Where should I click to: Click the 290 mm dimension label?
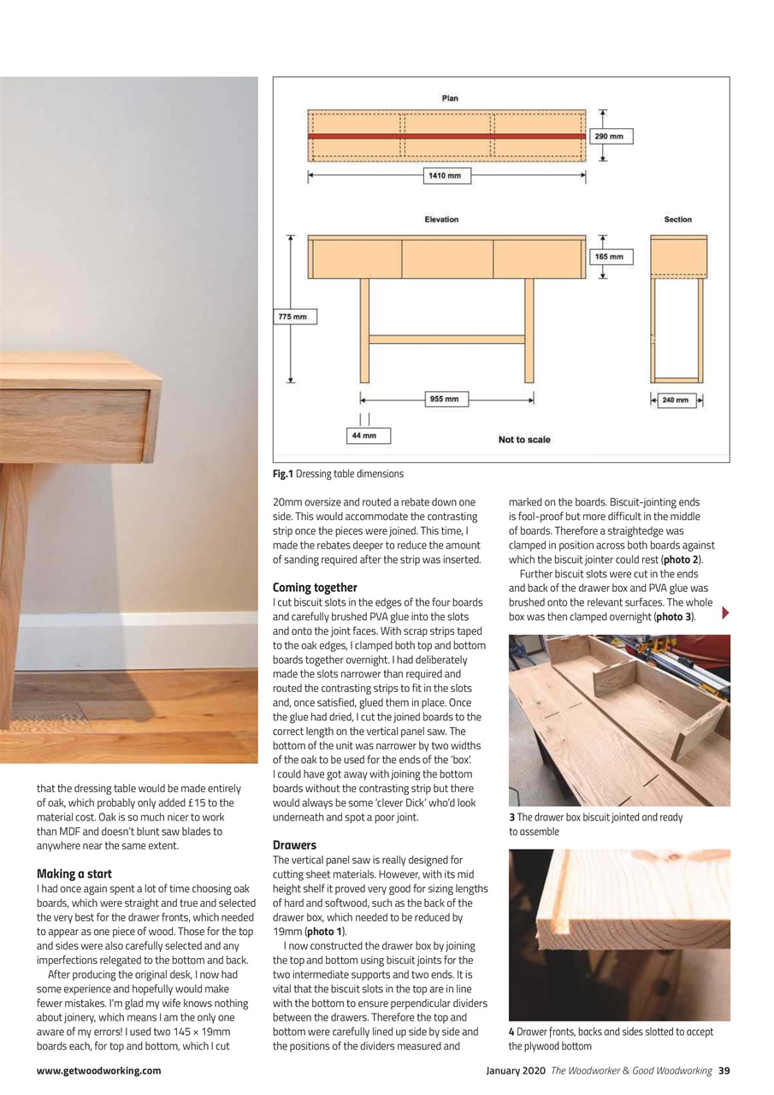click(x=612, y=136)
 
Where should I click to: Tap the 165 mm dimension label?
click(x=612, y=257)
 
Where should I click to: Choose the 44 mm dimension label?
click(x=366, y=436)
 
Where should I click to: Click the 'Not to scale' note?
click(x=524, y=440)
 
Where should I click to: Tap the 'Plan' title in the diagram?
click(x=450, y=98)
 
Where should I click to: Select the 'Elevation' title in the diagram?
click(x=441, y=220)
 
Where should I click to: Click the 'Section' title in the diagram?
click(x=677, y=220)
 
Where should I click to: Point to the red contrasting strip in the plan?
click(x=447, y=136)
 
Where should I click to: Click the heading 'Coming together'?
click(x=315, y=588)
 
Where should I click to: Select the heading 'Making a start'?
click(x=74, y=874)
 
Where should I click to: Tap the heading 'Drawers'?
click(x=294, y=845)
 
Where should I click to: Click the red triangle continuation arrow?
click(x=726, y=613)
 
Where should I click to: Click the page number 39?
click(x=724, y=1070)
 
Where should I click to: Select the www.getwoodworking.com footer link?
click(x=98, y=1070)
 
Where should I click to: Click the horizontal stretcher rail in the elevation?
click(x=447, y=339)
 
